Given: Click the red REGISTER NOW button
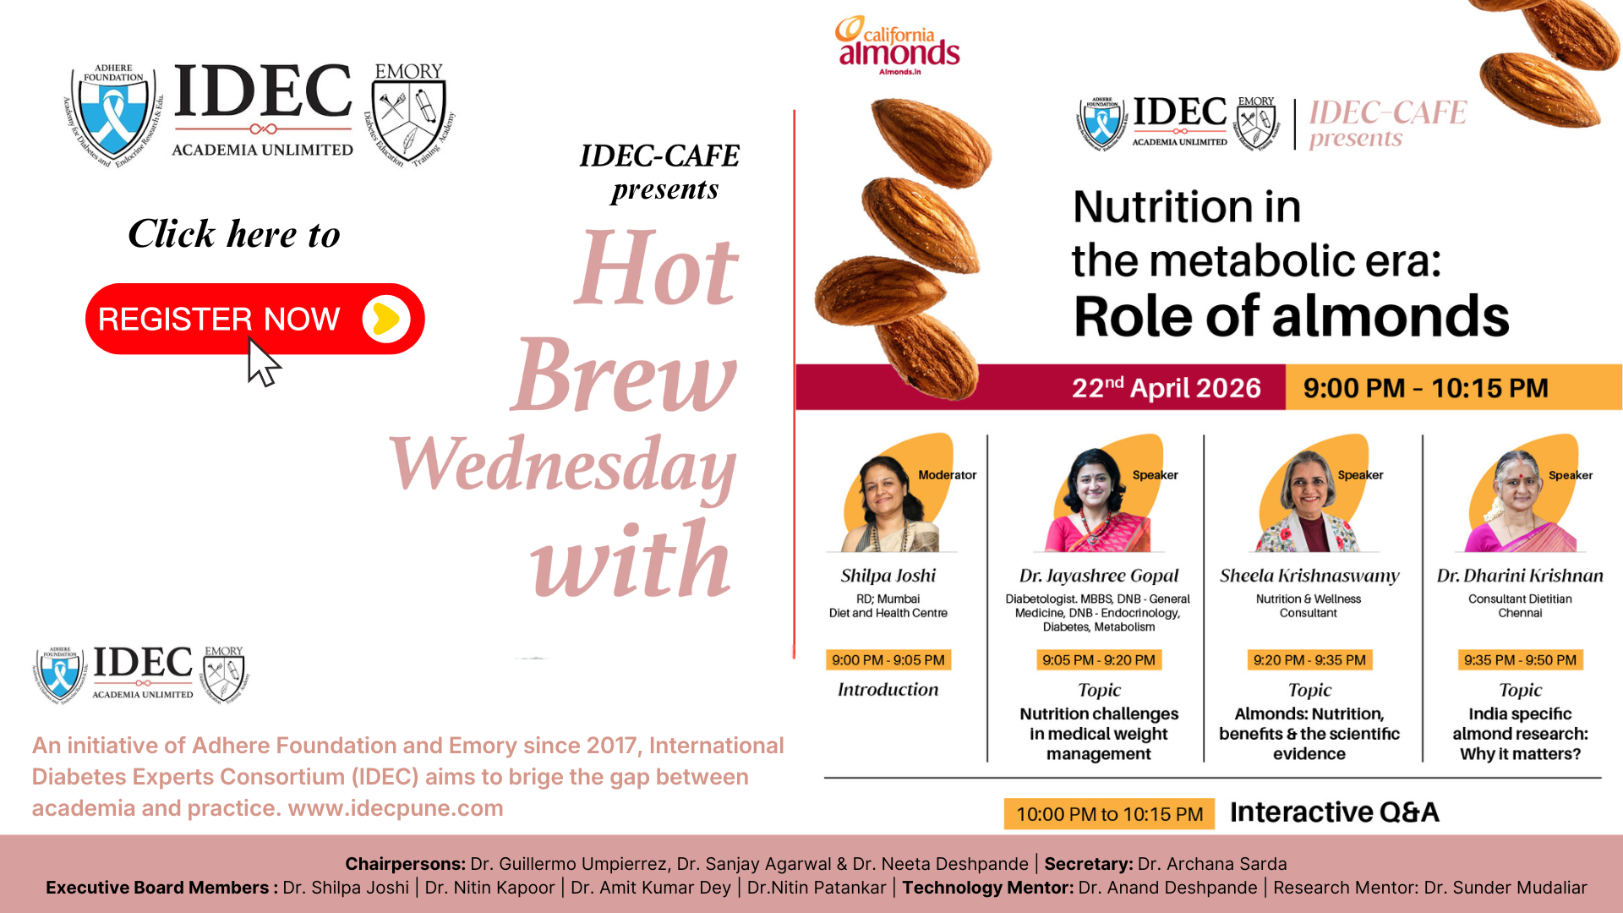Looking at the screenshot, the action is click(254, 319).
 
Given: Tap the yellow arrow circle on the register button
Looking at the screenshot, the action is click(386, 319).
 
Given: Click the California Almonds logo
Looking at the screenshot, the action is click(898, 46).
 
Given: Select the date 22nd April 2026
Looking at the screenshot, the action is click(1166, 388).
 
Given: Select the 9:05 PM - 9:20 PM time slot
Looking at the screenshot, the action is click(1099, 660).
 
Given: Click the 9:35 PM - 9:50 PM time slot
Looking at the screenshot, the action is click(1520, 660).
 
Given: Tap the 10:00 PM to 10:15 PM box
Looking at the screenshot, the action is click(1109, 814).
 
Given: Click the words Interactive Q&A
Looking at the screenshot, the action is click(1334, 812).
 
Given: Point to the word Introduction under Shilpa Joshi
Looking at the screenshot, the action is click(888, 690).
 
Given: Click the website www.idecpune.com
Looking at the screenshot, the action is click(396, 808).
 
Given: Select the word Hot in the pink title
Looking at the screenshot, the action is click(657, 269).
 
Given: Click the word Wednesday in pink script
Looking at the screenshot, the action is click(563, 464).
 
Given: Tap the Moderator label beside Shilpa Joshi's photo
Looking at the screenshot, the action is click(947, 475).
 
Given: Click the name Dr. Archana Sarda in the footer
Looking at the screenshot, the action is click(1212, 864).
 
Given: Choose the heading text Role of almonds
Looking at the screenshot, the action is click(1291, 316).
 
